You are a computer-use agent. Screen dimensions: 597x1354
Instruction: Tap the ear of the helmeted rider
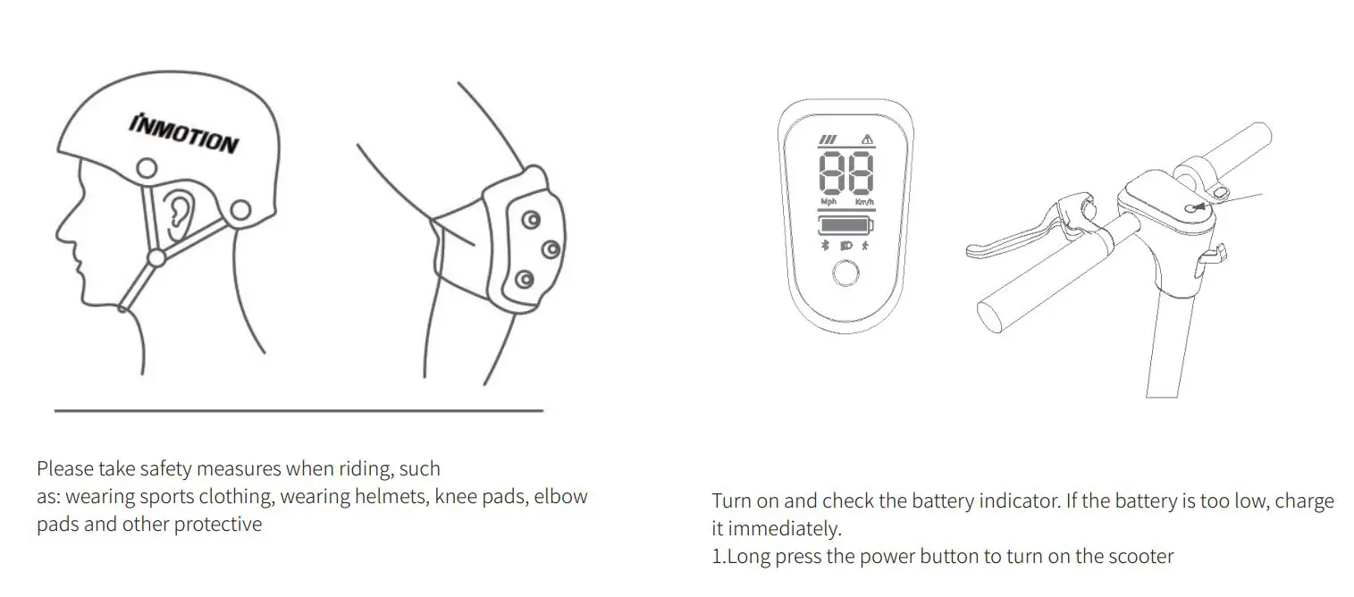(x=181, y=212)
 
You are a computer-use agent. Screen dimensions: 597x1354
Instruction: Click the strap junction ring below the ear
(x=156, y=258)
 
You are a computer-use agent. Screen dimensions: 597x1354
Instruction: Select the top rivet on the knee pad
(x=530, y=219)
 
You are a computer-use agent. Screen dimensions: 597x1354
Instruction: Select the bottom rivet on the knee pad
(x=524, y=280)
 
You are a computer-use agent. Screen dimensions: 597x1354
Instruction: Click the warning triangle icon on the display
(x=865, y=139)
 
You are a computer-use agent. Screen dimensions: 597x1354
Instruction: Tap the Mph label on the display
(x=828, y=203)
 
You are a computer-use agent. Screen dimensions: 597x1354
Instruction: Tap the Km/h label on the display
(x=863, y=203)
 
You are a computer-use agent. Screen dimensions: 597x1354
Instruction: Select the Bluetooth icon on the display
(x=826, y=246)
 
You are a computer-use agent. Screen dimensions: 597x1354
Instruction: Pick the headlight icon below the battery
(x=845, y=246)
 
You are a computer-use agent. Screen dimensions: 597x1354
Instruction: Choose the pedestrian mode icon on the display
(x=865, y=246)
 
